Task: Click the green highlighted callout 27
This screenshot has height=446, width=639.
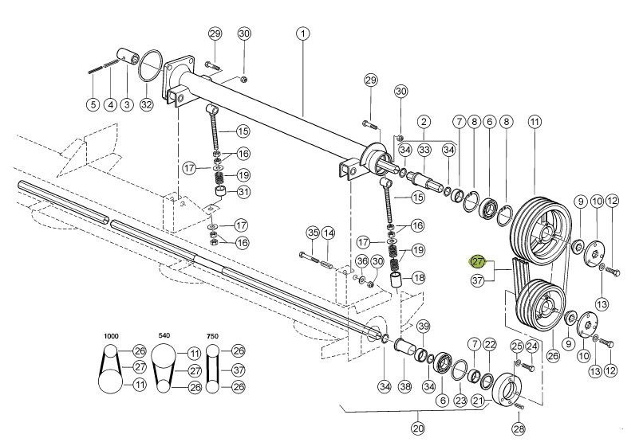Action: click(x=478, y=262)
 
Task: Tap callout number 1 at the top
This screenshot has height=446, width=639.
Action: click(x=303, y=33)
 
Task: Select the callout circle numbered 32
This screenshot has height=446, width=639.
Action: click(x=146, y=104)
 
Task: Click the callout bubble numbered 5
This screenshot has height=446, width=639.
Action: click(x=93, y=104)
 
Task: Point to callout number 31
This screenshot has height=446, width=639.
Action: click(x=243, y=191)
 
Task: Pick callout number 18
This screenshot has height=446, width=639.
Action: click(x=419, y=278)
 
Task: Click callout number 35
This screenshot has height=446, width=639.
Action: click(x=313, y=233)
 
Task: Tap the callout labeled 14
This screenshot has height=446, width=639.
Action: click(x=328, y=233)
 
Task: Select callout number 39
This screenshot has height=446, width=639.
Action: click(x=424, y=326)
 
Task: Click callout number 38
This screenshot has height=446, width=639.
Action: click(x=404, y=386)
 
